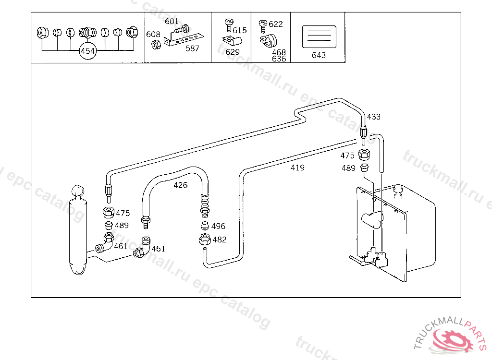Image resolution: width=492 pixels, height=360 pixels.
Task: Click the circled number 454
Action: (88, 51)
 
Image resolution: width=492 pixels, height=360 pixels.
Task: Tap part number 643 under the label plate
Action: (319, 55)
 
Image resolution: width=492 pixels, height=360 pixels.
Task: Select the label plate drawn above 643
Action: (319, 37)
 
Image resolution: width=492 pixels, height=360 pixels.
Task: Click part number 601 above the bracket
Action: (172, 22)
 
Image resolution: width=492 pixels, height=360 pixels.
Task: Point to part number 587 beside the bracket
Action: (192, 48)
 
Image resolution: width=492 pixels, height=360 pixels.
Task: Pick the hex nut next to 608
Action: (156, 44)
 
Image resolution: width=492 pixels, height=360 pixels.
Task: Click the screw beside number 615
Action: (229, 24)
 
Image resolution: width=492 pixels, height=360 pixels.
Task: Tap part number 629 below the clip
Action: (233, 52)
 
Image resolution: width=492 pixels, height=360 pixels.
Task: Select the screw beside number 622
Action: (263, 24)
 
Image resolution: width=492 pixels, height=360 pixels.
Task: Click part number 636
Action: (279, 59)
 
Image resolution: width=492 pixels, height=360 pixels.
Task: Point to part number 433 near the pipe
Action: (373, 117)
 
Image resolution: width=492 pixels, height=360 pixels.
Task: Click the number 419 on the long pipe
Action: (297, 168)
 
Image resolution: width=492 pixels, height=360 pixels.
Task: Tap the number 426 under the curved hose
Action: (181, 185)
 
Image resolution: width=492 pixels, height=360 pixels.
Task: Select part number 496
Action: (218, 226)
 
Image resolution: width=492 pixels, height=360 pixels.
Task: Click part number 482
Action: (219, 240)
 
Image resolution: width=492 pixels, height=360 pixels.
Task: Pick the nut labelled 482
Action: (205, 239)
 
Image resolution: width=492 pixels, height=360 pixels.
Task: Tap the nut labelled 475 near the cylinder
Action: (109, 213)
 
